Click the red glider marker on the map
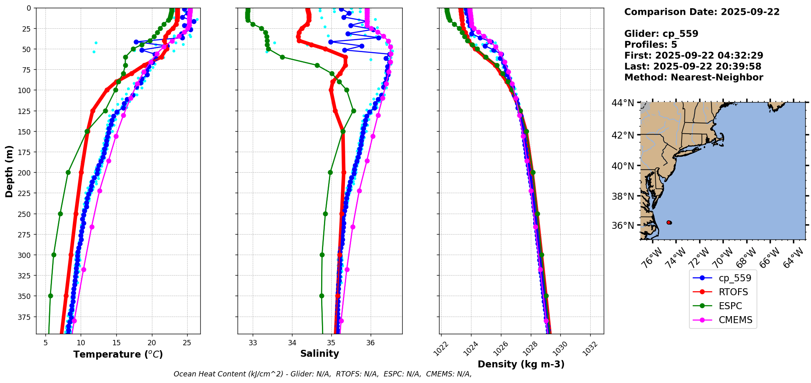[669, 222]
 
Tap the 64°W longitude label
[793, 258]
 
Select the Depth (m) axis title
[9, 171]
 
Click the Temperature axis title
[118, 354]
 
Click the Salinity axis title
[319, 353]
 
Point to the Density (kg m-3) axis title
[521, 364]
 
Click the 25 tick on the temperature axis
[187, 342]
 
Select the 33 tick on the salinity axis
[253, 342]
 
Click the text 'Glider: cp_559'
[661, 34]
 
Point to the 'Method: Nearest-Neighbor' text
[693, 78]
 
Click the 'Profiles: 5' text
[650, 45]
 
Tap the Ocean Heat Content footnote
[322, 374]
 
